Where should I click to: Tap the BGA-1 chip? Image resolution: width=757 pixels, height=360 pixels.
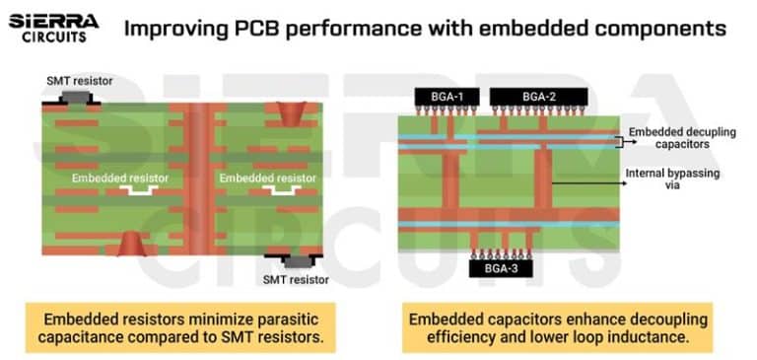(x=445, y=97)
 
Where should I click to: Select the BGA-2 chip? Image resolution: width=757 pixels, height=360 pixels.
(x=537, y=97)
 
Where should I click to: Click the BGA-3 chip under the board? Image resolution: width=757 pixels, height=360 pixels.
(x=490, y=266)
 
